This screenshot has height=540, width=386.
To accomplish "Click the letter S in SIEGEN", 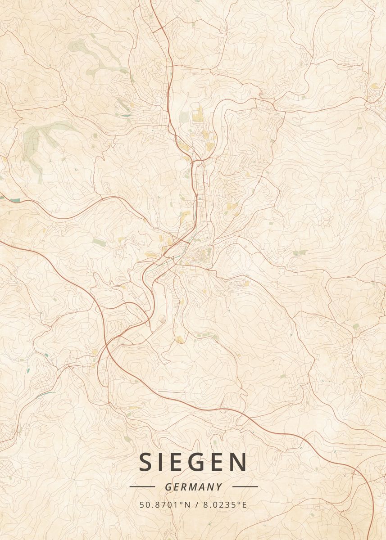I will [x=146, y=462].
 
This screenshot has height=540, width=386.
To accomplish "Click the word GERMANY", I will [x=193, y=487].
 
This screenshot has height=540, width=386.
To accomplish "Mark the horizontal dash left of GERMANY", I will [x=142, y=487].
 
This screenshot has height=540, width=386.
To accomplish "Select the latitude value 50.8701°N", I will [x=164, y=505].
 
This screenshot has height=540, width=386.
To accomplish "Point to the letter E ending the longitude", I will [x=245, y=505].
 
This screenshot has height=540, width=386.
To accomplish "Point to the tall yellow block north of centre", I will [x=198, y=114].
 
